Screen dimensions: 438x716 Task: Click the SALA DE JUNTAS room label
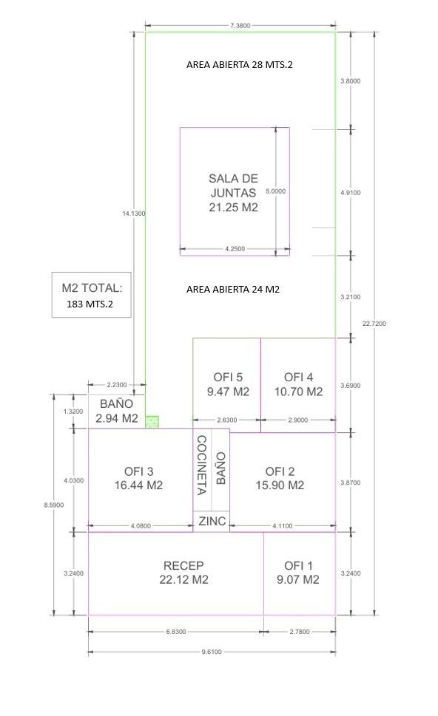(x=233, y=193)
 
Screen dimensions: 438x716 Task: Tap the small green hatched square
(x=152, y=421)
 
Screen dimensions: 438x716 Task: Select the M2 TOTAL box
(x=92, y=295)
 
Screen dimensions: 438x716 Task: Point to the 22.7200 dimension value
(x=374, y=324)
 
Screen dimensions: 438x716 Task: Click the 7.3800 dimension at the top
(x=240, y=26)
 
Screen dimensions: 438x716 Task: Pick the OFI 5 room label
(x=228, y=384)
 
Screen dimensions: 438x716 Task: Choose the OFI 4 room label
(x=299, y=384)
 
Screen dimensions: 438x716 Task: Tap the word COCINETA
(x=202, y=465)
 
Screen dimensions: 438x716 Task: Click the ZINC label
(x=212, y=521)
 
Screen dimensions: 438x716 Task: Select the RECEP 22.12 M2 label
(x=183, y=573)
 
